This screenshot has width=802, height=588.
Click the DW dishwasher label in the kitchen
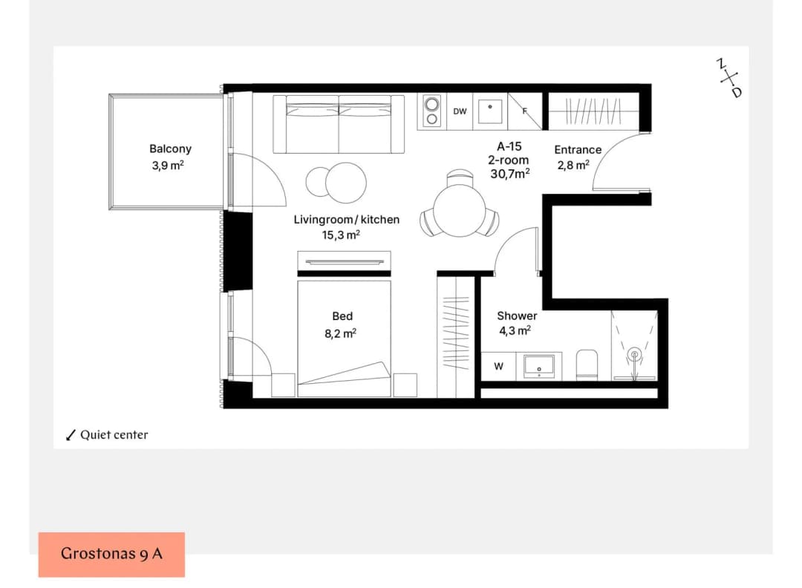coord(460,111)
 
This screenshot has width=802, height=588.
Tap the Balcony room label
coord(170,148)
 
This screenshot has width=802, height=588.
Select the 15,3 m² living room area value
coord(341,235)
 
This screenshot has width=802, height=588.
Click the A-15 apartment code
coord(509,146)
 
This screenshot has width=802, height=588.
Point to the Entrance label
coord(578,150)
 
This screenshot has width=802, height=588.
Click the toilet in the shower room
coord(587,365)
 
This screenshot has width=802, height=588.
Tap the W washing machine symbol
coord(499,366)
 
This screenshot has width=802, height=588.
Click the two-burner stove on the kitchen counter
coord(431,111)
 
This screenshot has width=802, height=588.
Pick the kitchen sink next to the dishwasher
coord(490,111)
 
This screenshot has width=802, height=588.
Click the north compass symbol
coord(729,78)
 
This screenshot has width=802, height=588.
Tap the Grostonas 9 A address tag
coord(111,555)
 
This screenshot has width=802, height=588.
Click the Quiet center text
coord(114,434)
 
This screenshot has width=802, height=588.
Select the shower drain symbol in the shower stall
coord(634,354)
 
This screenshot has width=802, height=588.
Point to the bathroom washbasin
coord(539,366)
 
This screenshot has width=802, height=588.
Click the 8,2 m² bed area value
coord(340,333)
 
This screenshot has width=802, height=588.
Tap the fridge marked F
coord(525,111)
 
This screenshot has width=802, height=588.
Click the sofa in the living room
coord(339,124)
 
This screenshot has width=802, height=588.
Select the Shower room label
coord(517,316)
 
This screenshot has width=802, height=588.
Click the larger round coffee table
coord(346,183)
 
